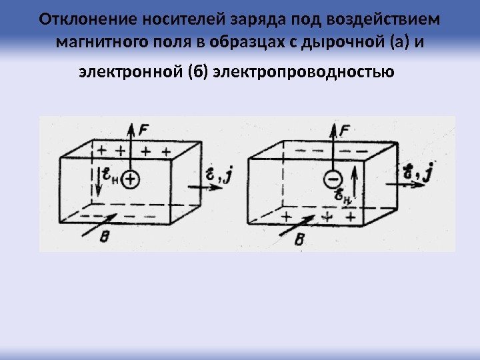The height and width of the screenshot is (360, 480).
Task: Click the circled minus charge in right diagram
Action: tap(333, 179)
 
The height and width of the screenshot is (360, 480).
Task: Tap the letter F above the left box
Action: tap(145, 131)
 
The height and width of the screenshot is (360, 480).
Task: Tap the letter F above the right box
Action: tap(345, 131)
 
